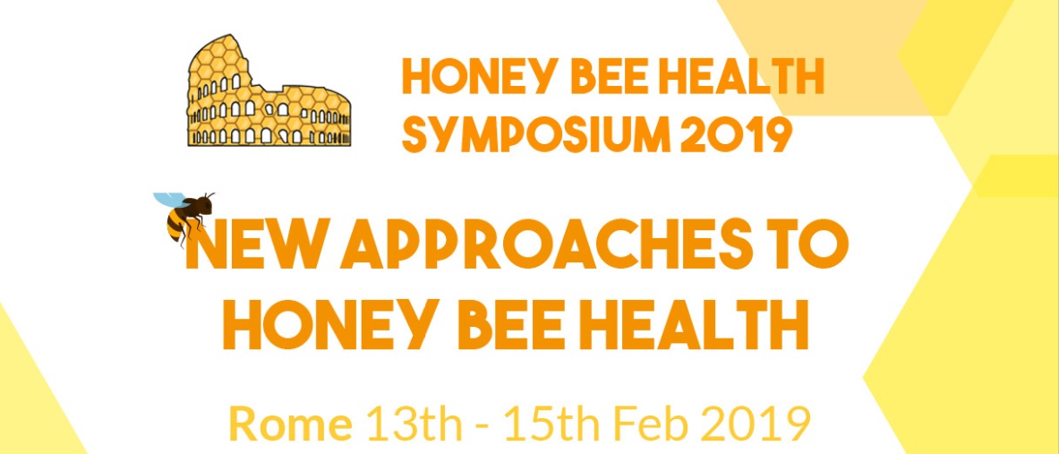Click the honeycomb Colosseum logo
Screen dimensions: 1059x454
pyautogui.click(x=269, y=90)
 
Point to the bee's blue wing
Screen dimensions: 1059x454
pyautogui.click(x=169, y=200)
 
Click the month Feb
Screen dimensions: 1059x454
pyautogui.click(x=646, y=425)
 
